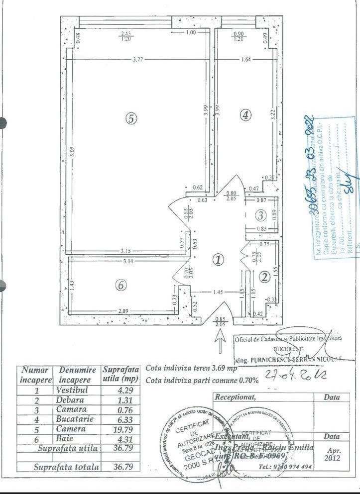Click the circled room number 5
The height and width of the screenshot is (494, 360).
[x=130, y=119]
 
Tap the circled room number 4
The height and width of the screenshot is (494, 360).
[x=245, y=115]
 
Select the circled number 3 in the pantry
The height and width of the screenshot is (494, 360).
[x=261, y=215]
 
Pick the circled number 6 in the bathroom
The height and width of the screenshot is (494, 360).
[x=120, y=286]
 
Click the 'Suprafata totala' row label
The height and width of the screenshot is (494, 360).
[x=66, y=467]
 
